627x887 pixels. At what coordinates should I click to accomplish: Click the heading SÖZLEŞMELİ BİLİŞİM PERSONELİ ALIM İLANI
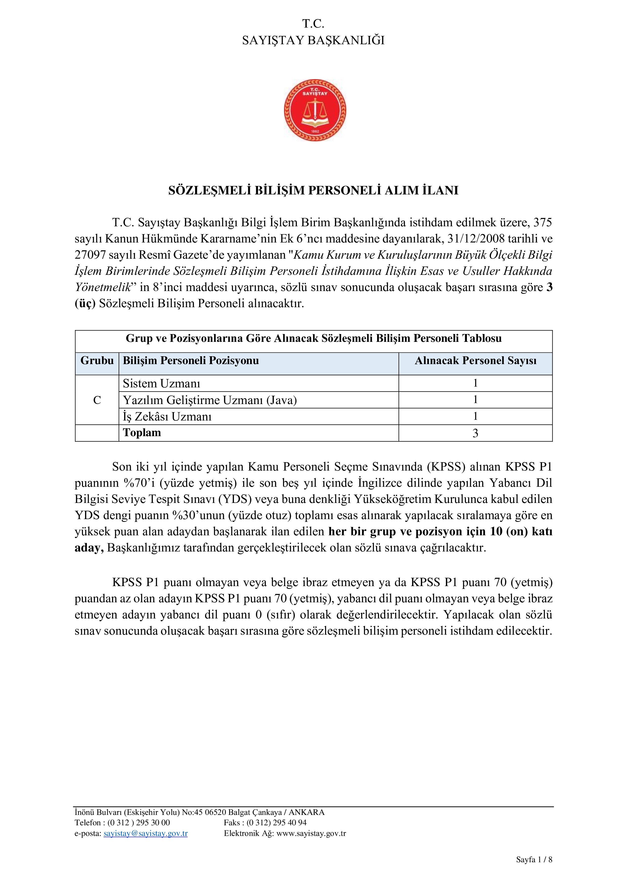(x=313, y=190)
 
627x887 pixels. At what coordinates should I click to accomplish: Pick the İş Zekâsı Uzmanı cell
(x=167, y=416)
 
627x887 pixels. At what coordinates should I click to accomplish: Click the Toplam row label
(x=142, y=433)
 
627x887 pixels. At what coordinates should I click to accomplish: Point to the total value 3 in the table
(x=475, y=433)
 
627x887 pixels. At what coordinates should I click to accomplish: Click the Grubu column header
(x=97, y=361)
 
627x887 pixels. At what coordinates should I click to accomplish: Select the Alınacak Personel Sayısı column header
(x=475, y=361)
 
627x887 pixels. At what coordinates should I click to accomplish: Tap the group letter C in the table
(x=97, y=400)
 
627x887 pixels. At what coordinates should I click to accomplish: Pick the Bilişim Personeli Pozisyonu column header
(x=191, y=361)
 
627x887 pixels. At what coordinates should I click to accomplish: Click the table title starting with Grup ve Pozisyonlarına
(x=313, y=338)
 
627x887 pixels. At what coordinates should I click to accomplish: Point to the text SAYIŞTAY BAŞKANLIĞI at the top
(x=313, y=40)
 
